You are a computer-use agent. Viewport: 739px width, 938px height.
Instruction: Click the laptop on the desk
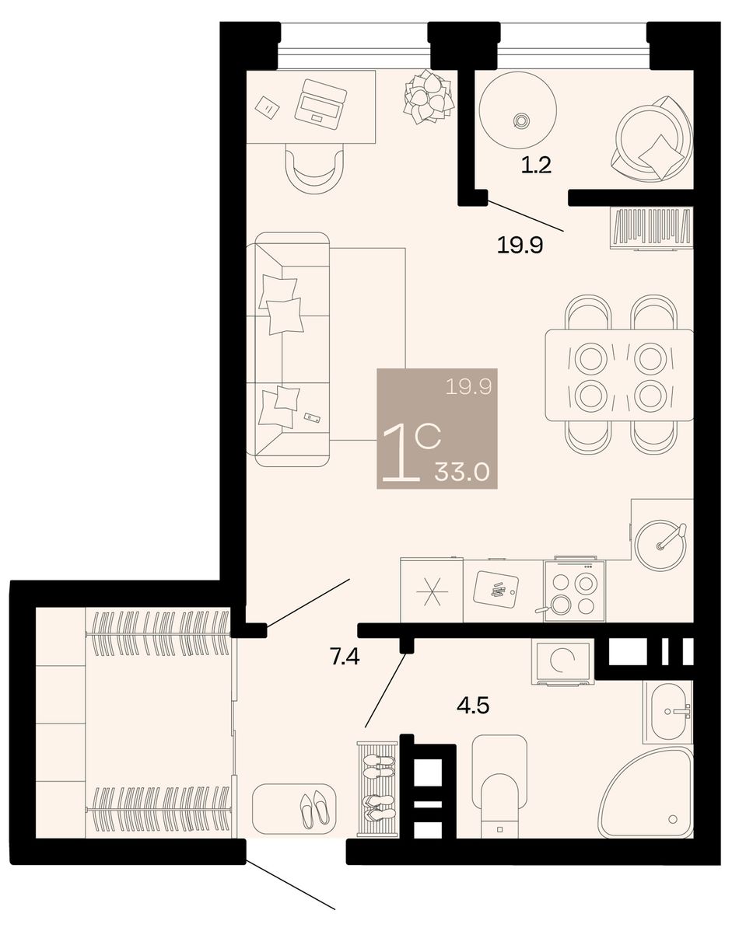[x=320, y=105]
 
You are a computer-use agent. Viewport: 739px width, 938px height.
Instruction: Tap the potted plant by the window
[x=428, y=97]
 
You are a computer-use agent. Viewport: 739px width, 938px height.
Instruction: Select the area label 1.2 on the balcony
[x=537, y=166]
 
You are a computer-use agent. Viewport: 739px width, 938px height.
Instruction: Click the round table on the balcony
[x=517, y=110]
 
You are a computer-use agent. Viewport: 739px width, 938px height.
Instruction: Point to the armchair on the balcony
[x=652, y=138]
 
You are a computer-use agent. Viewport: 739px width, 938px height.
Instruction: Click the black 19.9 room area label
[x=520, y=246]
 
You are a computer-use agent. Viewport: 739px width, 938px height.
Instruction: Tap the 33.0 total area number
[x=461, y=472]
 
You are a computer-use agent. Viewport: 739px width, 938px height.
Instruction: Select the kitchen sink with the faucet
[x=660, y=546]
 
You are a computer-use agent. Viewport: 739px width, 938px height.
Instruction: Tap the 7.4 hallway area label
[x=345, y=657]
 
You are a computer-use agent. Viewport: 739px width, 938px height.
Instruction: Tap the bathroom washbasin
[x=667, y=711]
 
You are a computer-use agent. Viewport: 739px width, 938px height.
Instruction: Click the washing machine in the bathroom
[x=562, y=661]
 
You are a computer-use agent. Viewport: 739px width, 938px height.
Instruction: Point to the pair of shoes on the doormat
[x=314, y=808]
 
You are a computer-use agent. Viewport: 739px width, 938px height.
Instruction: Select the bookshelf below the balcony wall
[x=651, y=228]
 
